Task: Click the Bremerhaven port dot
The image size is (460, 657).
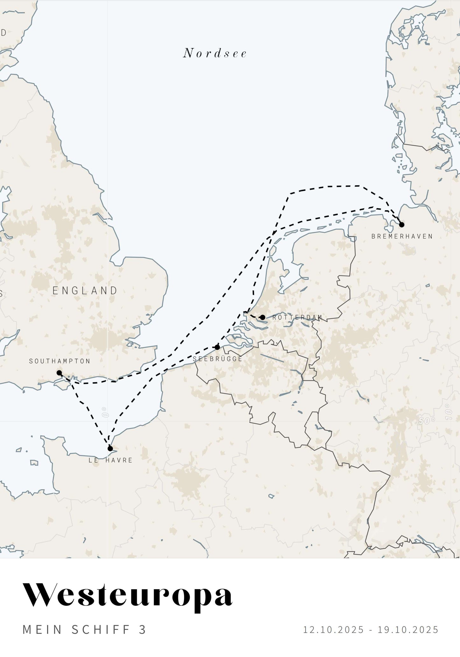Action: (401, 225)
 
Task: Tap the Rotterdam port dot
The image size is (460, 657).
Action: (263, 317)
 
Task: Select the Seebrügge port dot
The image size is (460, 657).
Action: (217, 347)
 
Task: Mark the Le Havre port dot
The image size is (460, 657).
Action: (110, 448)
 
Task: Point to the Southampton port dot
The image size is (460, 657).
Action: (59, 373)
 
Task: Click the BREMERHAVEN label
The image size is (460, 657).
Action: (402, 236)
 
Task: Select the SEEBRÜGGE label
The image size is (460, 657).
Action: (217, 359)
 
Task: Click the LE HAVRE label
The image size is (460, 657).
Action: (110, 460)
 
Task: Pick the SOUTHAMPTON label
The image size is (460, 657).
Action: (60, 361)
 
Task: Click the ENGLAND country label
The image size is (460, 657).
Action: (85, 290)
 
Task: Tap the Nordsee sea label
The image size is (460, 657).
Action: (215, 53)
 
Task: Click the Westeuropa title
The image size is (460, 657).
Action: (128, 595)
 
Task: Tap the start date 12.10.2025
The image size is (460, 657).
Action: (333, 630)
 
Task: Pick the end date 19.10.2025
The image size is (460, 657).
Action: (408, 630)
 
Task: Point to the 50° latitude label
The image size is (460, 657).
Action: (427, 421)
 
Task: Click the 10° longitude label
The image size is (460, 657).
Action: (449, 412)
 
